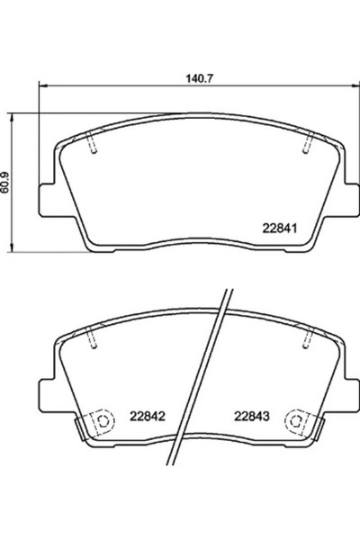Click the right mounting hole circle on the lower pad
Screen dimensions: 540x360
click(293, 419)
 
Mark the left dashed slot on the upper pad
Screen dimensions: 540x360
click(92, 141)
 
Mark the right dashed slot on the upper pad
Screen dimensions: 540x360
click(307, 141)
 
